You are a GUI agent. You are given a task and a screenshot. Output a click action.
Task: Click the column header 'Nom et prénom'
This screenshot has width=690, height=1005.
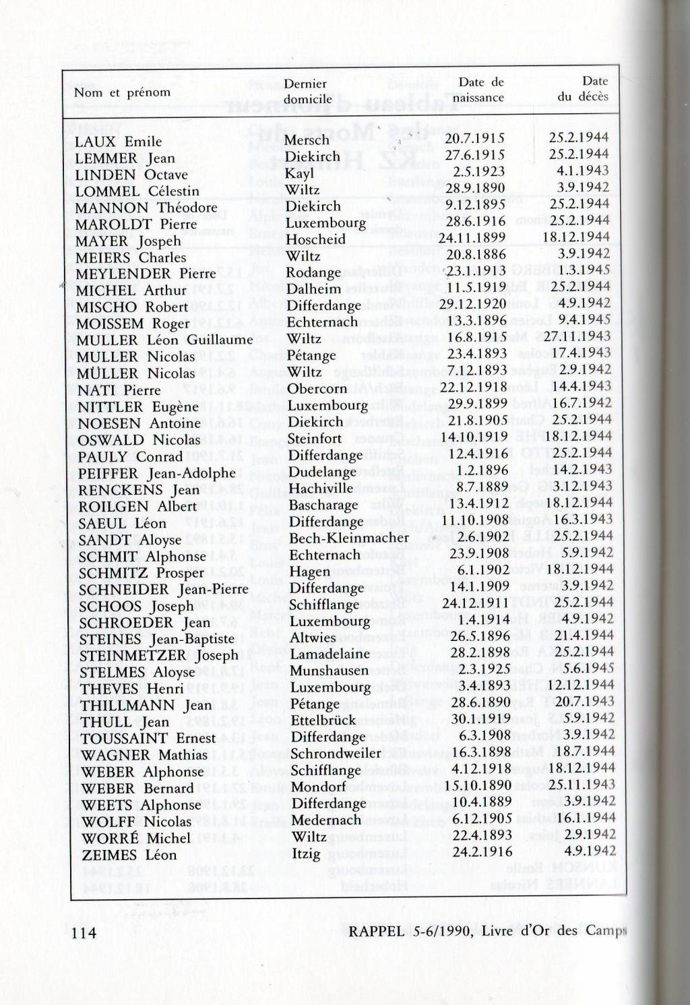pos(122,92)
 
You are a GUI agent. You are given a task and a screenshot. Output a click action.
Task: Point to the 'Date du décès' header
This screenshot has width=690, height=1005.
pos(584,89)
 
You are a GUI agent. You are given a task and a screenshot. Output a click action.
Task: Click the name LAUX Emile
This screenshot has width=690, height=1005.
pos(118,142)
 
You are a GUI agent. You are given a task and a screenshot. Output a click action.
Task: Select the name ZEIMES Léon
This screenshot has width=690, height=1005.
pos(129,855)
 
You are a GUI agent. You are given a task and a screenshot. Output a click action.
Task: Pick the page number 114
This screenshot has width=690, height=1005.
pos(84,932)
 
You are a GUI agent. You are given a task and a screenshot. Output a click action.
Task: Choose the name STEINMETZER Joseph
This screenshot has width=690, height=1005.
pos(159,655)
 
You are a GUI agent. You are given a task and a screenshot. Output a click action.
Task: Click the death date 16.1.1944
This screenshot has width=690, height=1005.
pos(584,818)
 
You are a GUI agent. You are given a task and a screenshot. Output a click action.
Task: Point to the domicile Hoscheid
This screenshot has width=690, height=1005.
pos(315,239)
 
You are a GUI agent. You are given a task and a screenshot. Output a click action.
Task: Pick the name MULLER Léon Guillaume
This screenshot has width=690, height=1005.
pos(164,340)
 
